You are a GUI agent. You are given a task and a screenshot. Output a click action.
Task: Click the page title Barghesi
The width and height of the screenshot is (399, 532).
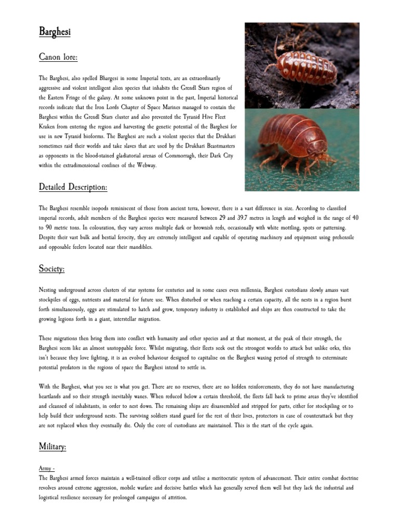point(55,32)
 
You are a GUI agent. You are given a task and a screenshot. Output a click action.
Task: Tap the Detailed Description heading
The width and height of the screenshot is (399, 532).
point(73,186)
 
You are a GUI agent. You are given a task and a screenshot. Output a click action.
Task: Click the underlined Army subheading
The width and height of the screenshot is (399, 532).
point(47,469)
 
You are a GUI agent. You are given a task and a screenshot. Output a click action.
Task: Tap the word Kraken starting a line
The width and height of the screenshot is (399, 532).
point(48,127)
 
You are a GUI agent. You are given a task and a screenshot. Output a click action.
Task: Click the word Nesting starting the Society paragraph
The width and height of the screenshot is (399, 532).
point(49,289)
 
